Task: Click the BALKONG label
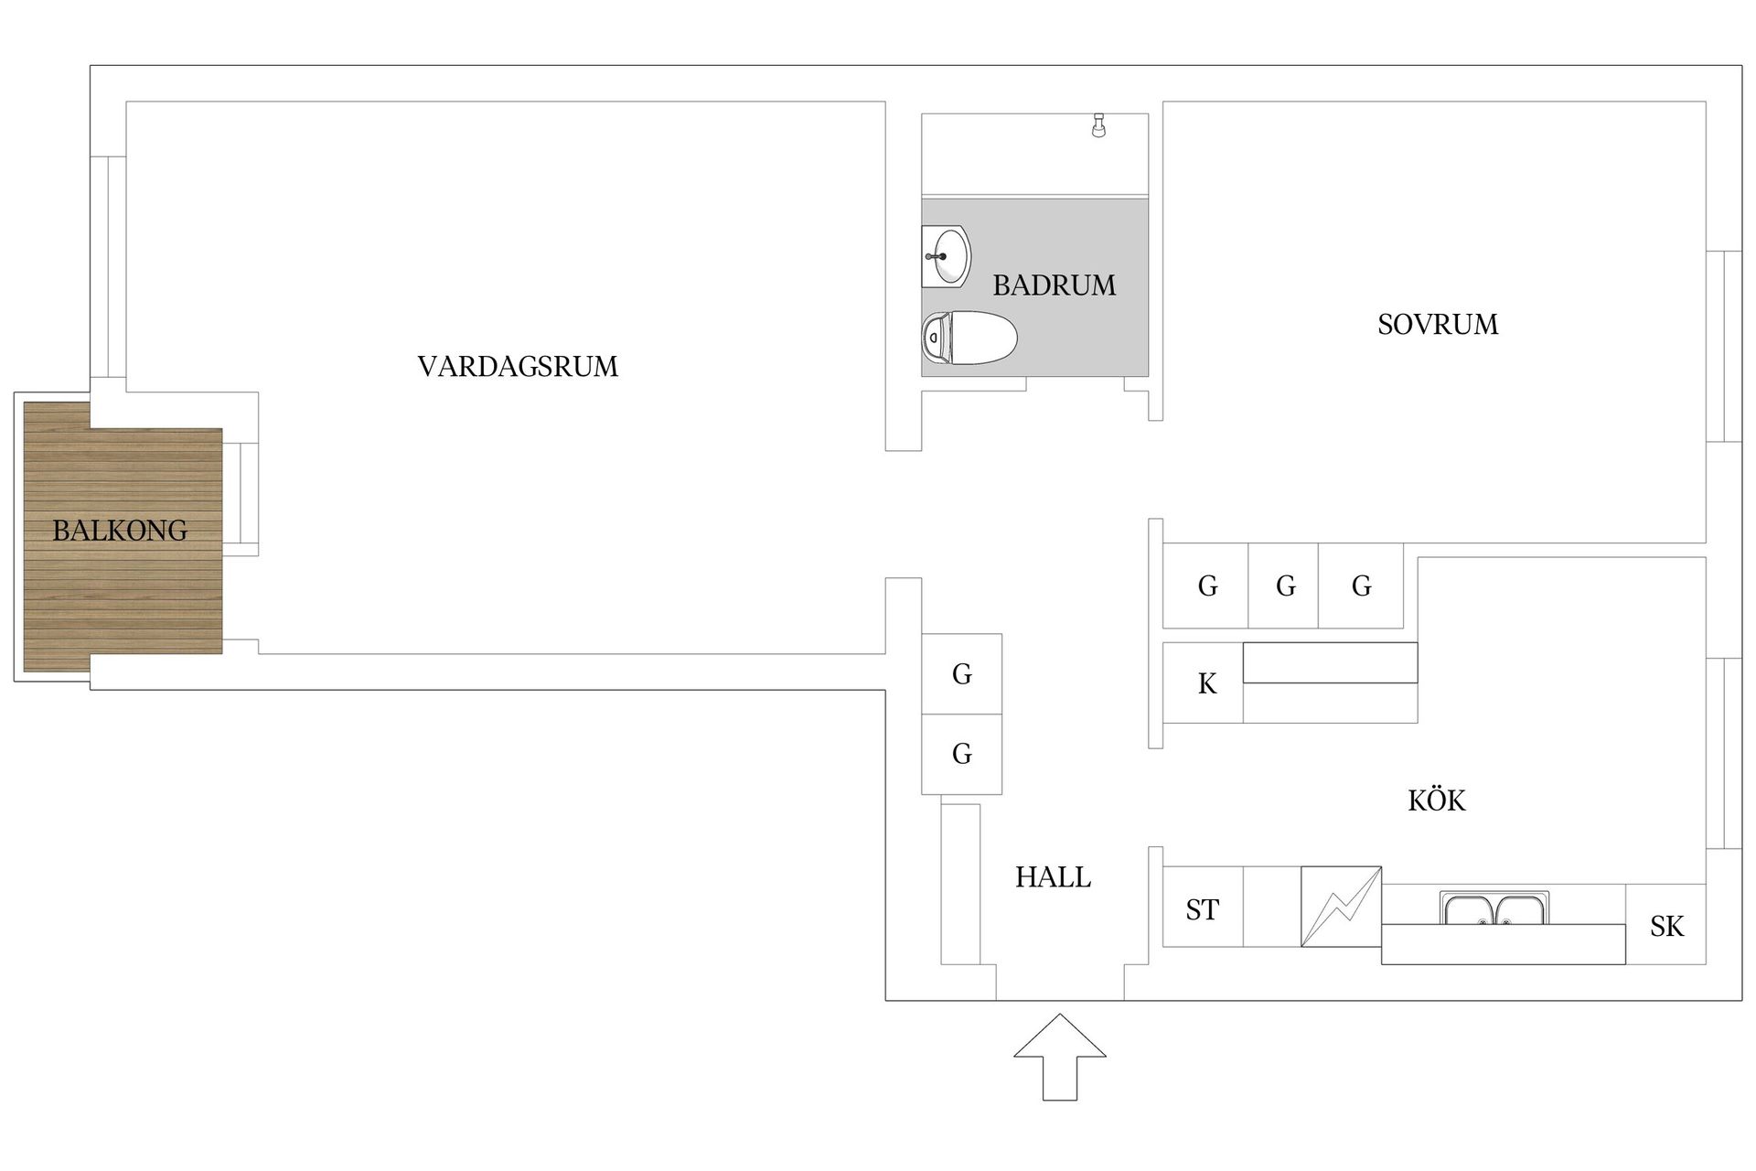coord(120,530)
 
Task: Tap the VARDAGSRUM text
coord(518,366)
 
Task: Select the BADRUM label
coord(1054,285)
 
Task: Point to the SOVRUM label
coord(1437,324)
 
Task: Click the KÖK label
coord(1436,800)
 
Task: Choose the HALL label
coord(1053,877)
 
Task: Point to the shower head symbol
coord(1098,125)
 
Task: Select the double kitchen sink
coord(1494,908)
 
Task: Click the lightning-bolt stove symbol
coord(1341,907)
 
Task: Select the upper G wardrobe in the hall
coord(961,674)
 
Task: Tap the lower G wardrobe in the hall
coord(961,754)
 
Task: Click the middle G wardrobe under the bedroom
coord(1284,585)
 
